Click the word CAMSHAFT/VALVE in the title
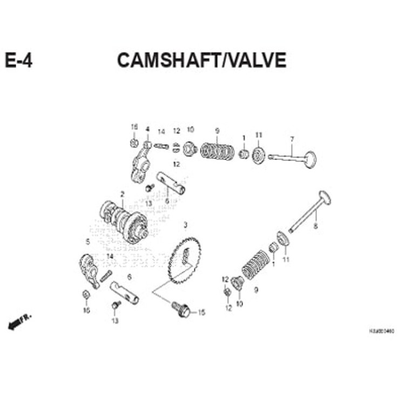point(201,60)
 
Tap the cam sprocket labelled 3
point(184,261)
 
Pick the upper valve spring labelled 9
point(218,151)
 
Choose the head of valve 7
point(309,159)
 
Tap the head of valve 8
point(325,198)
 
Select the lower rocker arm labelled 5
point(90,269)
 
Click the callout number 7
point(292,139)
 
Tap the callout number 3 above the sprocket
point(185,224)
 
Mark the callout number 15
point(201,312)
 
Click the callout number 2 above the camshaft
point(122,194)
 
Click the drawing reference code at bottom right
point(381,330)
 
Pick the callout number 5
point(87,241)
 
